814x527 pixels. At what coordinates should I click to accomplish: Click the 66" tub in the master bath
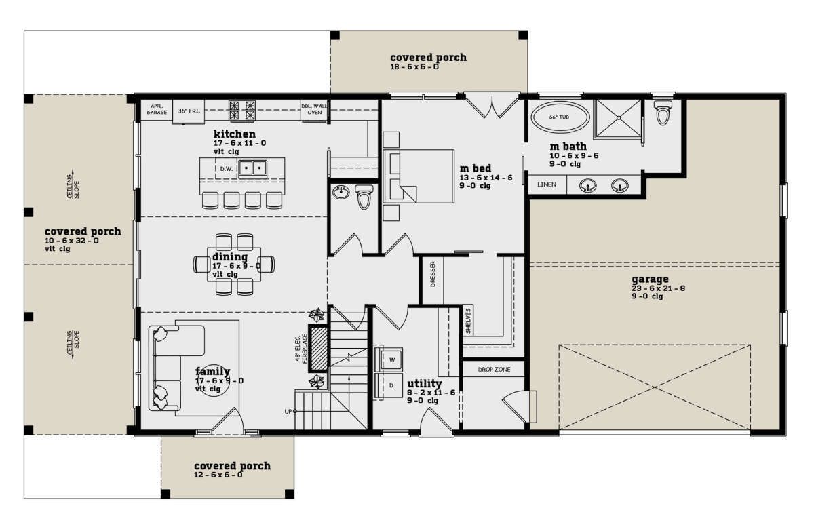[560, 117]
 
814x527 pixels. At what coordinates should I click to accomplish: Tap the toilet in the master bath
[663, 113]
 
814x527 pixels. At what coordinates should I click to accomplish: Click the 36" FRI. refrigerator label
[189, 111]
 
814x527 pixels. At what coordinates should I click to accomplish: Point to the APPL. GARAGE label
[157, 109]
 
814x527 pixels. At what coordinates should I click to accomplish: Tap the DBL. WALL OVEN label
[314, 109]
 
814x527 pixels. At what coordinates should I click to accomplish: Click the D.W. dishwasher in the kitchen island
[227, 169]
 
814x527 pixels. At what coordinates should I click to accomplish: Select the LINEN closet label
[547, 184]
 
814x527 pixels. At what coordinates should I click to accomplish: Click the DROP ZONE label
[494, 369]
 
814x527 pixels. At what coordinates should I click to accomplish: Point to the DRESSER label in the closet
[433, 274]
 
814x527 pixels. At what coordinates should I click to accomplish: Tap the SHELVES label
[467, 321]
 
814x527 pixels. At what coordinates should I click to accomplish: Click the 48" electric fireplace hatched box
[319, 348]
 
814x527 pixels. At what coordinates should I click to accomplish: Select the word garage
[650, 279]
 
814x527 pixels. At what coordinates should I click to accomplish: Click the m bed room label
[476, 168]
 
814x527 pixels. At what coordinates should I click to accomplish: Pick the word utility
[424, 383]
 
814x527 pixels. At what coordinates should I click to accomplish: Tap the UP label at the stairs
[288, 412]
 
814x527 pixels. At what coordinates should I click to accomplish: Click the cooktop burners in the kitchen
[241, 110]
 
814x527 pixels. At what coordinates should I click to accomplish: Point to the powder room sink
[341, 193]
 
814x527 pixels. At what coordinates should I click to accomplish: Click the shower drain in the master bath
[618, 118]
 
